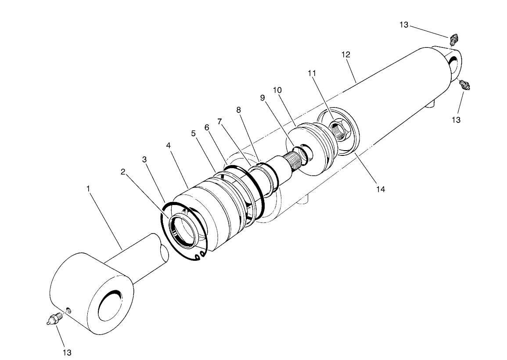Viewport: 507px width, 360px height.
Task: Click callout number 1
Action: pyautogui.click(x=88, y=188)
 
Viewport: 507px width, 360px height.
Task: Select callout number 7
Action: pyautogui.click(x=219, y=121)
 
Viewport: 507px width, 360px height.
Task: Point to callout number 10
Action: pyautogui.click(x=277, y=90)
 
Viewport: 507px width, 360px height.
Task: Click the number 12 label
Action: pyautogui.click(x=345, y=54)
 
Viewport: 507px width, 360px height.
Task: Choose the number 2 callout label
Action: pyautogui.click(x=123, y=171)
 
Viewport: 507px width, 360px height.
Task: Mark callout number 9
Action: pyautogui.click(x=262, y=98)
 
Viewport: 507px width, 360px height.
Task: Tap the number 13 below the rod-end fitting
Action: pyautogui.click(x=66, y=352)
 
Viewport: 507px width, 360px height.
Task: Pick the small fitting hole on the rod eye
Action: pyautogui.click(x=68, y=311)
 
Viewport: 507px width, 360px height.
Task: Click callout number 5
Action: pyautogui.click(x=194, y=133)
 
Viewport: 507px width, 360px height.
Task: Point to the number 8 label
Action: pyautogui.click(x=239, y=110)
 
